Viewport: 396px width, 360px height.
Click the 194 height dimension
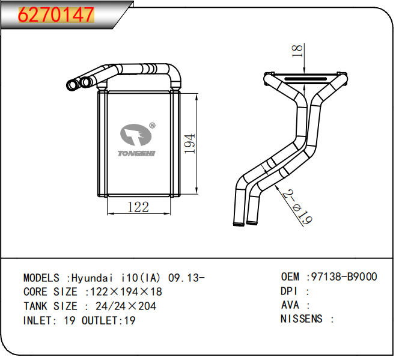[189, 144]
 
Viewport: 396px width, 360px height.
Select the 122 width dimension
[138, 207]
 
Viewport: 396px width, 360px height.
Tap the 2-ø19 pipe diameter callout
[297, 208]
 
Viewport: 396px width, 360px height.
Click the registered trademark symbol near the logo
[153, 126]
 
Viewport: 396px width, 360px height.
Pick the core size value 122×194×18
[126, 291]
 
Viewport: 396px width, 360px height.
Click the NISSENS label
[302, 319]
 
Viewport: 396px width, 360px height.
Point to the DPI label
[290, 291]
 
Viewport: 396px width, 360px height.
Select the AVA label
[290, 305]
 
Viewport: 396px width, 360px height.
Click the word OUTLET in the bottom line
[100, 320]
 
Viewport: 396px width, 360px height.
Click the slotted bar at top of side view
[305, 78]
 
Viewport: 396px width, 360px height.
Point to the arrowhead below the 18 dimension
[306, 70]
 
